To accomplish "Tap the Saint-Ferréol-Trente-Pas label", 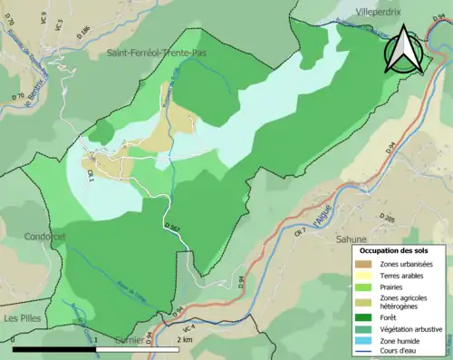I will click(161, 54).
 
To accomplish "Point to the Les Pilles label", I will click(24, 318).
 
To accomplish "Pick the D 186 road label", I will click(85, 34).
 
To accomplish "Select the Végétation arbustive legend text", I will click(412, 328).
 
